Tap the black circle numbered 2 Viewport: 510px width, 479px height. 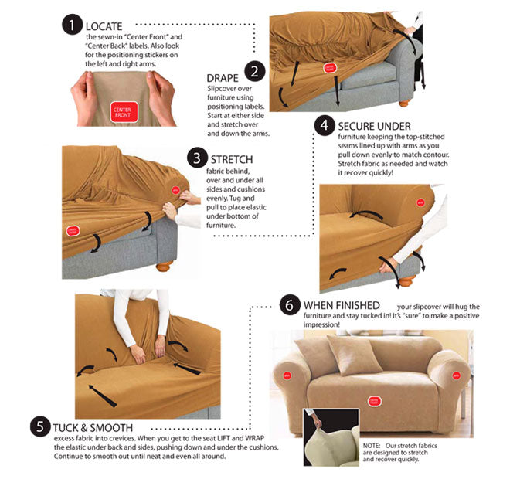pyautogui.click(x=256, y=72)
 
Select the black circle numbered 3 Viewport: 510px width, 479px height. pyautogui.click(x=198, y=158)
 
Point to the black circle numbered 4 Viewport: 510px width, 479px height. pyautogui.click(x=325, y=125)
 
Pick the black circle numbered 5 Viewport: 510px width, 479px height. pyautogui.click(x=40, y=426)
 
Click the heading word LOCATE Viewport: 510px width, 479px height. pyautogui.click(x=104, y=26)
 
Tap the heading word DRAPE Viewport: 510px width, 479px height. pyautogui.click(x=223, y=78)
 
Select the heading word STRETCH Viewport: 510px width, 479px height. pyautogui.click(x=232, y=159)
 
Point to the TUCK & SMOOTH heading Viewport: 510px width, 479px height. pyautogui.click(x=93, y=426)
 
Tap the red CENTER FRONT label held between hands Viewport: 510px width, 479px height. pyautogui.click(x=122, y=112)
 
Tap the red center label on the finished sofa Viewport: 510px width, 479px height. pyautogui.click(x=374, y=402)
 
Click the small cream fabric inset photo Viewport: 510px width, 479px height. pyautogui.click(x=330, y=437)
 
